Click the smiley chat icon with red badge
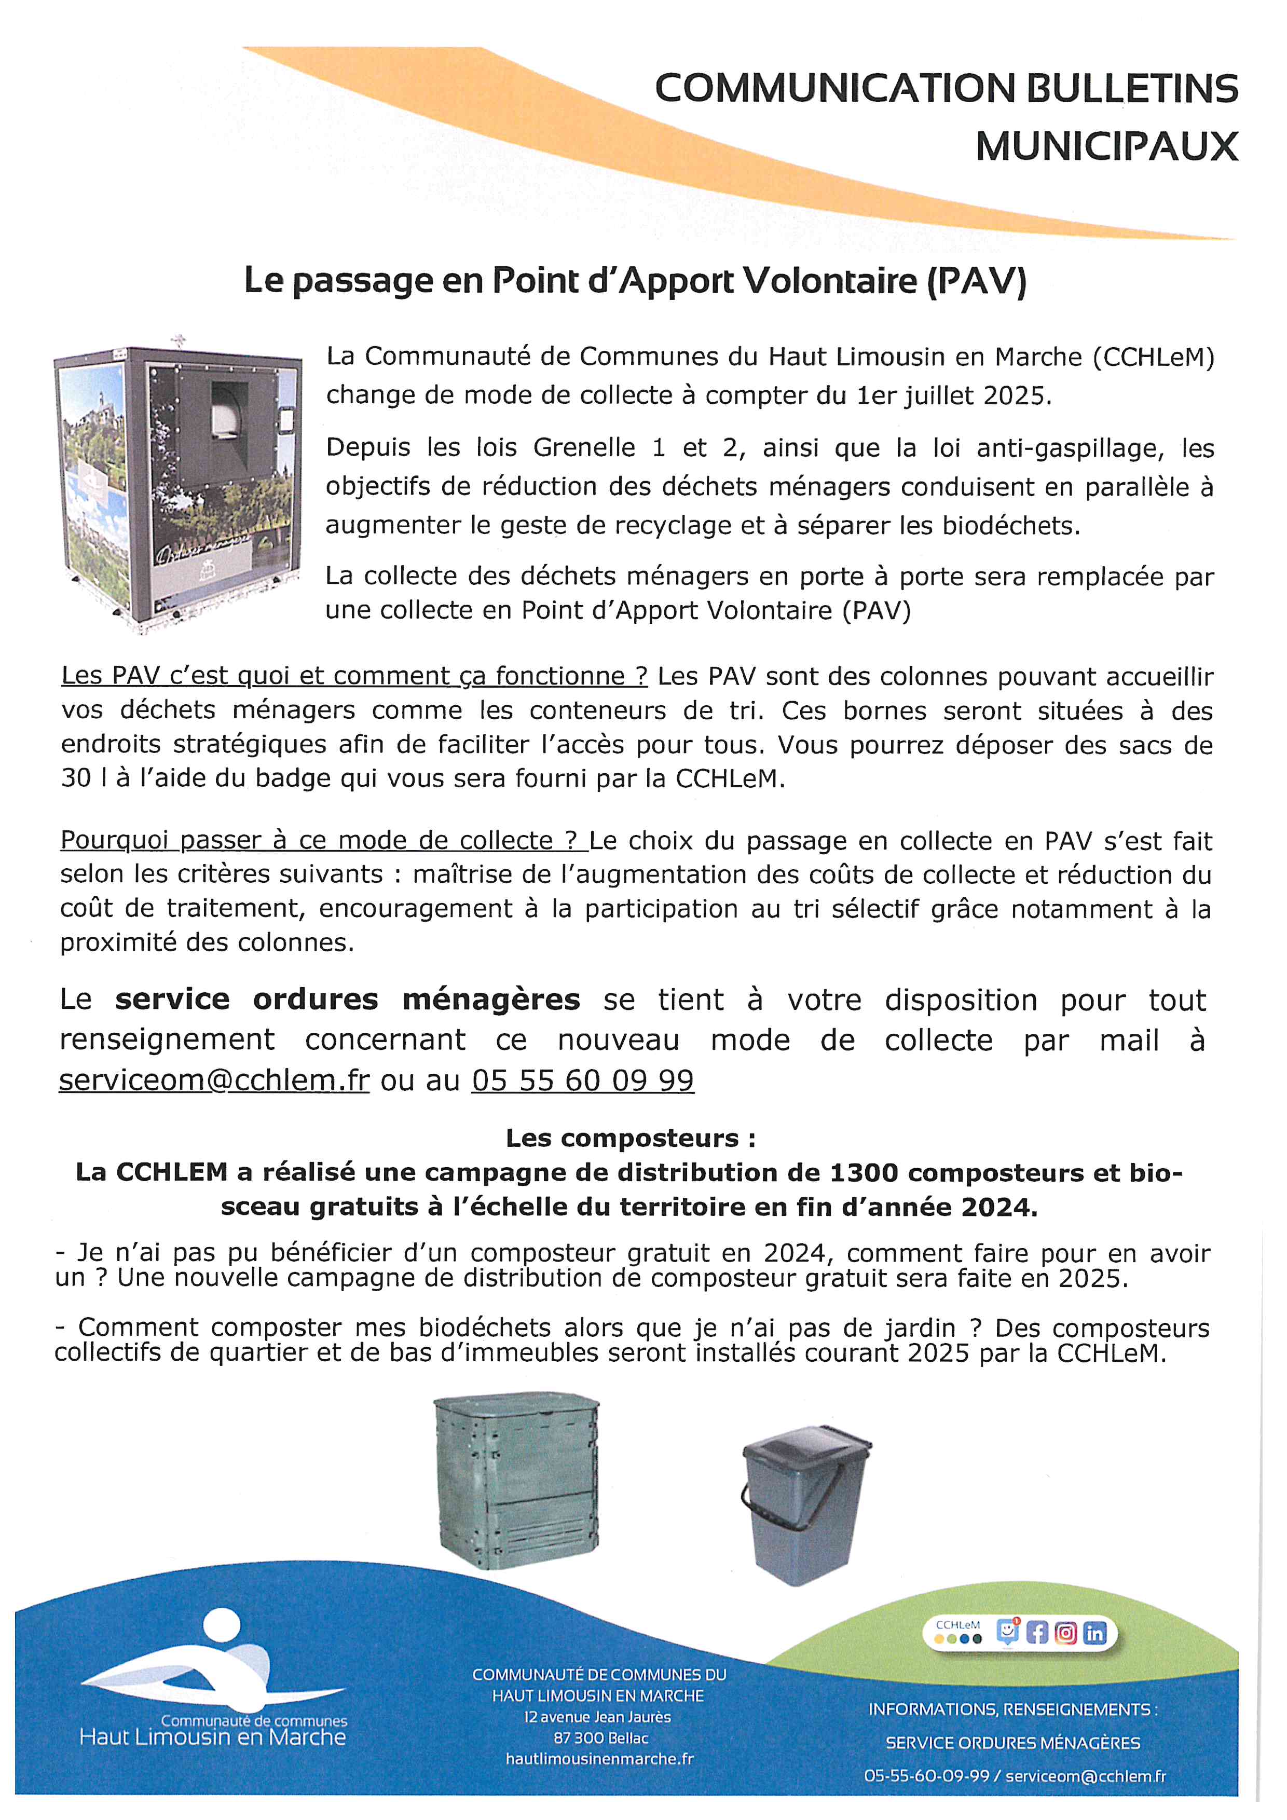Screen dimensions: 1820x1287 [1007, 1631]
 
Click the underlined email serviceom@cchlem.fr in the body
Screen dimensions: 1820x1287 [214, 1080]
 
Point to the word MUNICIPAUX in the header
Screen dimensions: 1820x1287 [1106, 147]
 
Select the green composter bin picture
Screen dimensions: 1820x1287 [517, 1479]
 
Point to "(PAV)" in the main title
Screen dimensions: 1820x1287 [977, 281]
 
